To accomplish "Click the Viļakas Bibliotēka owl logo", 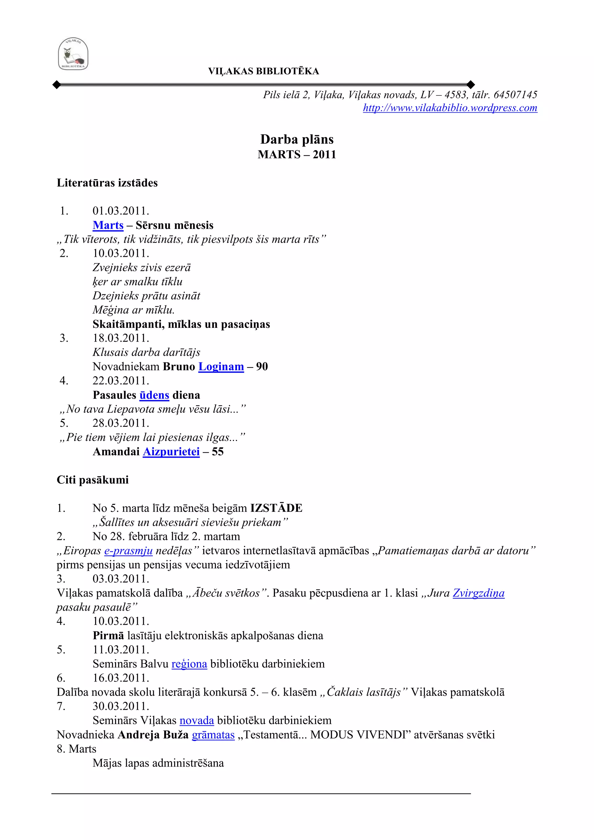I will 73,54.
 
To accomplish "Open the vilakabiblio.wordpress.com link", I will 450,108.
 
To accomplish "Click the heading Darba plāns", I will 297,139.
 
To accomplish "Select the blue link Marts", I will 108,225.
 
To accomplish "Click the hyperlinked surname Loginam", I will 221,366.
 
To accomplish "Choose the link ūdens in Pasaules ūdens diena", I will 154,395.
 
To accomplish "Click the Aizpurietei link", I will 171,452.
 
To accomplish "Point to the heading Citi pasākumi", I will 93,480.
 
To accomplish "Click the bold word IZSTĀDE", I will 276,508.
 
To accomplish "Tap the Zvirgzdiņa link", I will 478,593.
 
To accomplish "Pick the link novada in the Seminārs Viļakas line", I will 196,721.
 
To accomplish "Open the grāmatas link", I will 213,735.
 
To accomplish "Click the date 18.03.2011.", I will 121,338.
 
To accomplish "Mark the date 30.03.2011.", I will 121,707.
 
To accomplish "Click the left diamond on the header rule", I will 57,85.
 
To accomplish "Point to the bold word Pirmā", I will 108,635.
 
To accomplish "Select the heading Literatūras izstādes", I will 107,183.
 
